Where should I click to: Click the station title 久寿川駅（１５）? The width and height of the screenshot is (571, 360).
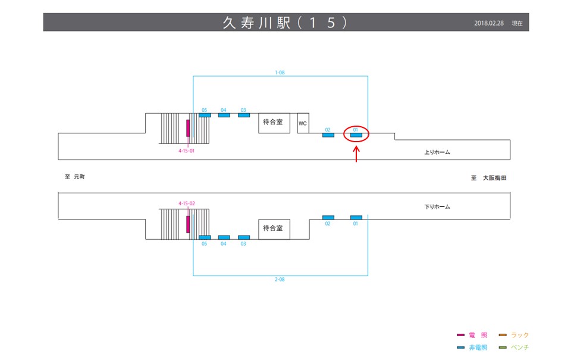point(285,22)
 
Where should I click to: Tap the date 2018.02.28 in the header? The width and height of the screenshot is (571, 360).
point(489,23)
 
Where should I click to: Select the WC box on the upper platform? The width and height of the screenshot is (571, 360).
point(303,123)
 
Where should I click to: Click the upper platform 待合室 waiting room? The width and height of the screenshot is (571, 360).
point(274,123)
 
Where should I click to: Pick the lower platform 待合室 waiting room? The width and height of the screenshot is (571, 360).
point(274,228)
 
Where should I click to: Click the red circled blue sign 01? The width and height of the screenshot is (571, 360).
point(356,135)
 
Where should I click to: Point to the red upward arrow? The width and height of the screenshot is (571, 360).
point(356,154)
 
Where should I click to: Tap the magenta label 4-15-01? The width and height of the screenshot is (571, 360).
point(187,151)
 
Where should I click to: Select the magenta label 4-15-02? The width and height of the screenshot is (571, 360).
point(187,204)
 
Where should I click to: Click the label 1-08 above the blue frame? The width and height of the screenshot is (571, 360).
point(280,73)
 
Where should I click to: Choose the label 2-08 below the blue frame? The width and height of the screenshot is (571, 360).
point(280,279)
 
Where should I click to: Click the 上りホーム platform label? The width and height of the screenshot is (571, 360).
point(437,152)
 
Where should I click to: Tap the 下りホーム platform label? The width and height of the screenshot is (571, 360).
point(437,206)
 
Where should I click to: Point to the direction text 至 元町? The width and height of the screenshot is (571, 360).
point(76,177)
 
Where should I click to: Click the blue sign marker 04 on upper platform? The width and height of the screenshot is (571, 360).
point(224,115)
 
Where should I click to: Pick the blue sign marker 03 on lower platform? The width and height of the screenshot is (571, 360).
point(243,237)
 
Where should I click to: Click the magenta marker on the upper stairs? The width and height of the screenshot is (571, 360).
point(188,128)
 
